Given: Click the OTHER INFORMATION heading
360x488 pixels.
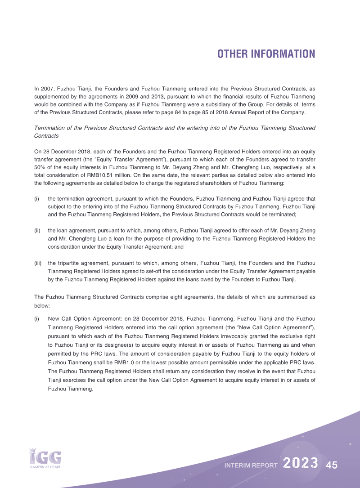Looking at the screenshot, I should (x=266, y=54).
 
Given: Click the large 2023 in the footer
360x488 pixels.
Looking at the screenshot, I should (x=301, y=464).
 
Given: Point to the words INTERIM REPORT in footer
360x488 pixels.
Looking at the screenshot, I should (x=251, y=466).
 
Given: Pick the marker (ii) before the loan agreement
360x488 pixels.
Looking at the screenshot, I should (x=38, y=231).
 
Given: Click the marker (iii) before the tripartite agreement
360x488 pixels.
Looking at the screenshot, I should (x=38, y=263).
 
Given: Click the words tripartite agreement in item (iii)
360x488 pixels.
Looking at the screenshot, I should (x=83, y=263).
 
